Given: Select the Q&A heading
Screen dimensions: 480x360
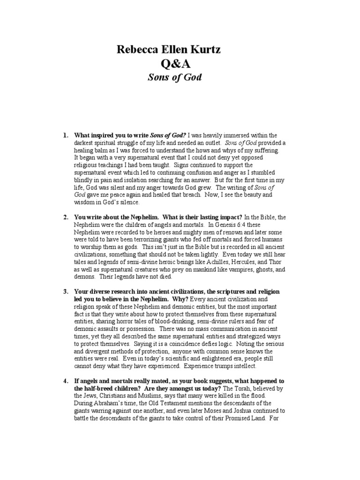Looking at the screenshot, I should click(x=180, y=63).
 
